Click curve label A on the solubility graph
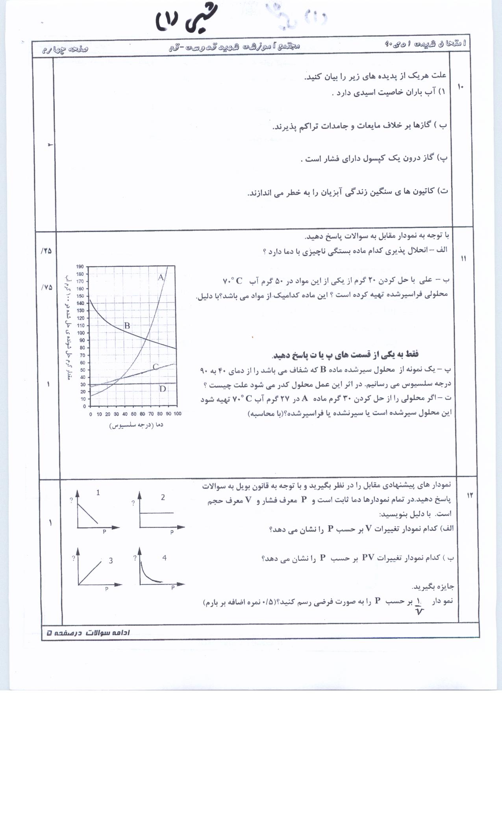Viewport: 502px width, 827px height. pyautogui.click(x=161, y=278)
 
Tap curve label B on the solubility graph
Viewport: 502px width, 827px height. pyautogui.click(x=127, y=326)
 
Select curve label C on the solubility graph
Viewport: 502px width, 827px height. pyautogui.click(x=156, y=367)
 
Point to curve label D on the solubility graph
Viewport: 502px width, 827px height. pyautogui.click(x=163, y=389)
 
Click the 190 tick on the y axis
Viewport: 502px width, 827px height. pyautogui.click(x=80, y=267)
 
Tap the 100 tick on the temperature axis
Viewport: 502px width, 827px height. pyautogui.click(x=177, y=414)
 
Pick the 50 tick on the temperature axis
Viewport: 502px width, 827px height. pyautogui.click(x=134, y=414)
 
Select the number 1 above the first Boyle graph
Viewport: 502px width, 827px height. pyautogui.click(x=98, y=492)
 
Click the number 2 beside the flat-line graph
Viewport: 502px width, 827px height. pyautogui.click(x=163, y=497)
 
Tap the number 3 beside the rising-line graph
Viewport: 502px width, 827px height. pyautogui.click(x=111, y=560)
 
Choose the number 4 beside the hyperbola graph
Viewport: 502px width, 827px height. pyautogui.click(x=164, y=558)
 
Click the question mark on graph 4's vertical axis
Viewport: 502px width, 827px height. pyautogui.click(x=135, y=558)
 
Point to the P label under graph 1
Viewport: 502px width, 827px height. pyautogui.click(x=104, y=532)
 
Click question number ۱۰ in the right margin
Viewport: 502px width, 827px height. pyautogui.click(x=461, y=87)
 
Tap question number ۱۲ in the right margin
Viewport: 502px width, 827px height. pyautogui.click(x=469, y=495)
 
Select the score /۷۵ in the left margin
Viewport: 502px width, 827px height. pyautogui.click(x=46, y=287)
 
